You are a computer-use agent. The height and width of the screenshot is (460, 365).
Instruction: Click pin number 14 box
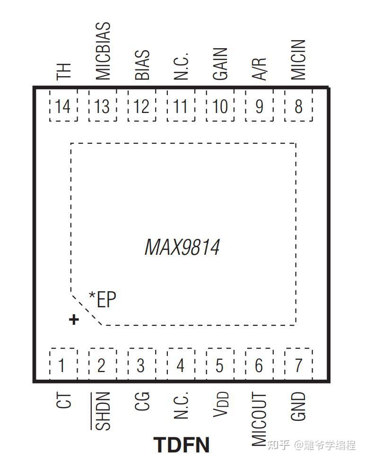click(63, 107)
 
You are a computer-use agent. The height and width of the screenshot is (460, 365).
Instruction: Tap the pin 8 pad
click(298, 107)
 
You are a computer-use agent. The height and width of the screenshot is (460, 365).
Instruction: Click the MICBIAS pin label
click(103, 51)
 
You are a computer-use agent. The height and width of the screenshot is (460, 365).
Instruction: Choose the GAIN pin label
click(220, 64)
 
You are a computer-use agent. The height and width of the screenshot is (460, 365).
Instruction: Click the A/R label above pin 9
click(260, 69)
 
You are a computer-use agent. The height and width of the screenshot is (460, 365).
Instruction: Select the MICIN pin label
click(298, 60)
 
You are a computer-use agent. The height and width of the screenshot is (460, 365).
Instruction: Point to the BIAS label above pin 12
click(142, 65)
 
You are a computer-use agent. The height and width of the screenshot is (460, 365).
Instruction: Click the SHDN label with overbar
click(102, 411)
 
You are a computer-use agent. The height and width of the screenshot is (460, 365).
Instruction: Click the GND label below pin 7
click(298, 406)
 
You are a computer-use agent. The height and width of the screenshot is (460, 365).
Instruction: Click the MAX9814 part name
click(182, 247)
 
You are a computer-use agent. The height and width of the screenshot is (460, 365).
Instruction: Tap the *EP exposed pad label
click(103, 299)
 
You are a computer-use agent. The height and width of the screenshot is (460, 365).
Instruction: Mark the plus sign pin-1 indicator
click(73, 320)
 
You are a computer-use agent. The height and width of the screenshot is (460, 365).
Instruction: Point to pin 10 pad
click(220, 107)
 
